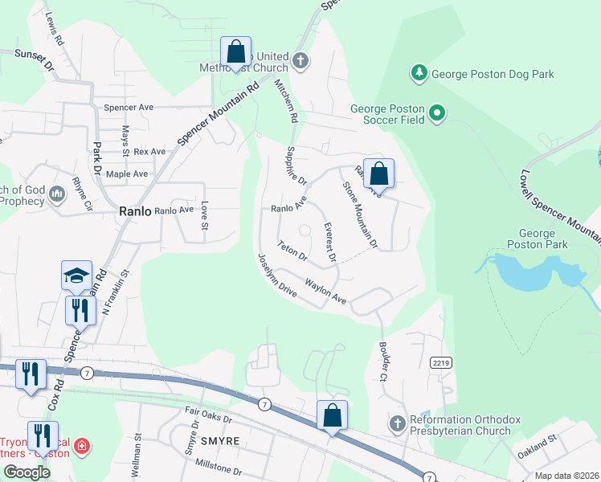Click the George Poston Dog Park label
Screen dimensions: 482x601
pyautogui.click(x=493, y=74)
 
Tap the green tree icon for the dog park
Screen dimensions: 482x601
pyautogui.click(x=419, y=74)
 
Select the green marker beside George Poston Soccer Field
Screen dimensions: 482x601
pyautogui.click(x=437, y=114)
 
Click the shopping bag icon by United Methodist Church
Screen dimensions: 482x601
pyautogui.click(x=236, y=52)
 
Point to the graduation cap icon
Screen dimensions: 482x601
pyautogui.click(x=77, y=276)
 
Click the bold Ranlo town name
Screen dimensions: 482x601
pyautogui.click(x=134, y=211)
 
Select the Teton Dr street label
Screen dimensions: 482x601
pyautogui.click(x=292, y=251)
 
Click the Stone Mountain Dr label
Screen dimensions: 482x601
pyautogui.click(x=360, y=214)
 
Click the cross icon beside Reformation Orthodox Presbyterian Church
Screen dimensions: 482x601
pyautogui.click(x=396, y=423)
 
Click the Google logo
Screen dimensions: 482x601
pyautogui.click(x=27, y=472)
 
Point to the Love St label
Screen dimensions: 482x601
pyautogui.click(x=205, y=214)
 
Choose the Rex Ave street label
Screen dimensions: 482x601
pyautogui.click(x=149, y=151)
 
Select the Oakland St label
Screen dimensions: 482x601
pyautogui.click(x=537, y=447)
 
